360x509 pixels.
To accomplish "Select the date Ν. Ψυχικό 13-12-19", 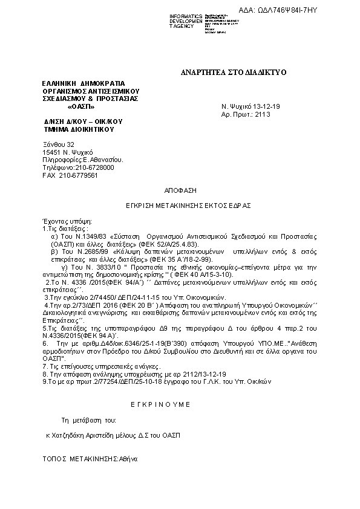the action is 247,106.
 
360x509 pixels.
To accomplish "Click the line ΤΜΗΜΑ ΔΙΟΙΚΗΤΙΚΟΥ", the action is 79,129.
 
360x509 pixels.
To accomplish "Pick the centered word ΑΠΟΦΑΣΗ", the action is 179,190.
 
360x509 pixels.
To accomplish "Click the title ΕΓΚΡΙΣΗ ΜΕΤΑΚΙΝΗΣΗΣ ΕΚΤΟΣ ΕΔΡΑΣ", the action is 179,206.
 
